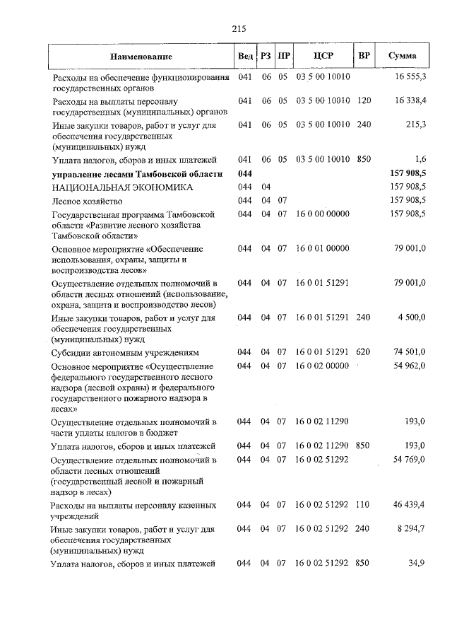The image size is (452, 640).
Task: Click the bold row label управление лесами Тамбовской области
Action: [137, 174]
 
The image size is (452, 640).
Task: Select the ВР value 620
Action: [364, 352]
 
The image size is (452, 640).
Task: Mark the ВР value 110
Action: [364, 506]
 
